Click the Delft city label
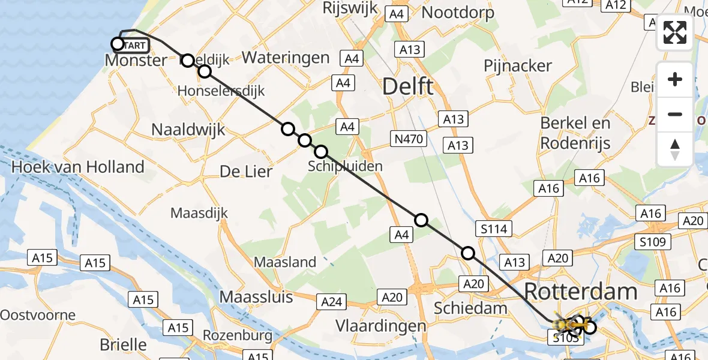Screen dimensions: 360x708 coord(408,87)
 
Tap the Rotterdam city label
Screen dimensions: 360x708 coord(580,292)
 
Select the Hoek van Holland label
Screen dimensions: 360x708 coord(78,167)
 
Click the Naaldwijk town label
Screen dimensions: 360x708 coord(188,129)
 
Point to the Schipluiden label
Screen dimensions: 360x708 coord(345,166)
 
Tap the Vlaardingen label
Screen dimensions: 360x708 coord(381,326)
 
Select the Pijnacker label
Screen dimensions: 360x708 coord(518,65)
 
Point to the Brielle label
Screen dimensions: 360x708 coord(124,344)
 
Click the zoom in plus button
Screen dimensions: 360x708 coord(675,79)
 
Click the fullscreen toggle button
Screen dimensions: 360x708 coord(675,32)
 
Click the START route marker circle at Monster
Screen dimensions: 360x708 coord(118,44)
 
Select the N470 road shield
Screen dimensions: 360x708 coord(410,140)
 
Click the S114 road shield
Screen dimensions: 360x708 coord(494,228)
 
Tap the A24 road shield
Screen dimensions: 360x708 coord(332,301)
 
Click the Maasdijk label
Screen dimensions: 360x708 coord(199,213)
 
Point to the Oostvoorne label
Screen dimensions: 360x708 coord(38,315)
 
